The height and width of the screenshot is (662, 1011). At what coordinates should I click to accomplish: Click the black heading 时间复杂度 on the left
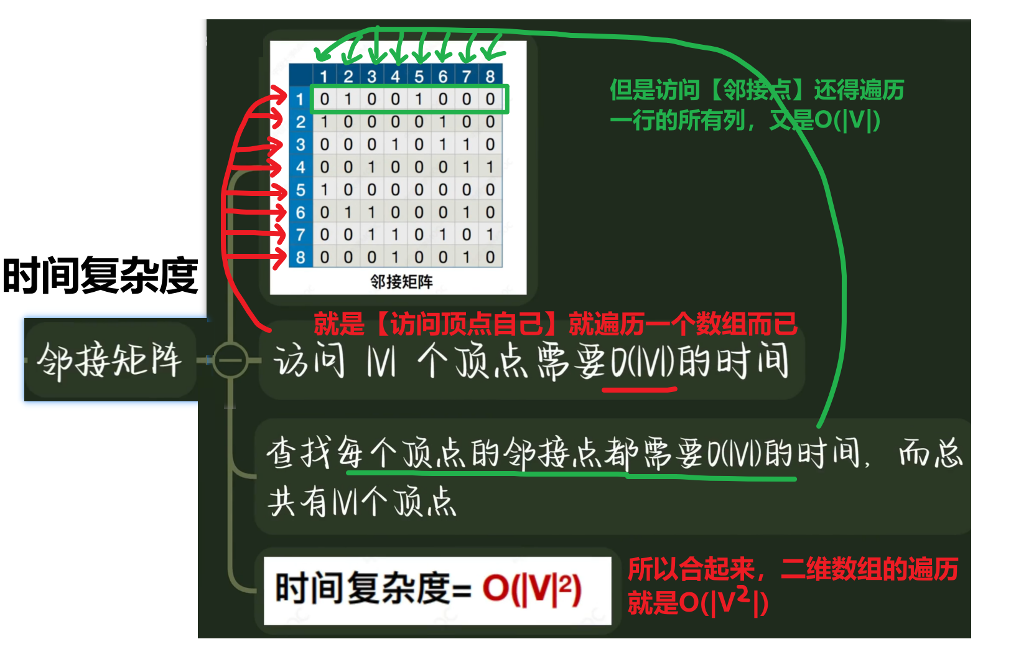tap(100, 276)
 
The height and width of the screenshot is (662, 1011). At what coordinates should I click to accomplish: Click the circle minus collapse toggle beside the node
tap(230, 360)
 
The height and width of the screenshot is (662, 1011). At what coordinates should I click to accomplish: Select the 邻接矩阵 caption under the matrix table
tap(401, 282)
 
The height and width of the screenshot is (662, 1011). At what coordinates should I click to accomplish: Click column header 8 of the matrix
tap(490, 77)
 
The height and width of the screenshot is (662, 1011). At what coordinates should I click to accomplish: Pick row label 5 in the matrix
tap(301, 190)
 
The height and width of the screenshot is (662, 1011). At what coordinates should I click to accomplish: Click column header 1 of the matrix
tap(324, 77)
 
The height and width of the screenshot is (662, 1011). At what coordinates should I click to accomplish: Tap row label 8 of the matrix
tap(301, 257)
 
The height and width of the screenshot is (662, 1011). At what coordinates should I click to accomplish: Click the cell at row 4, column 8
tap(490, 167)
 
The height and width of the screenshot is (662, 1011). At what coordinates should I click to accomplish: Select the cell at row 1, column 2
tap(348, 99)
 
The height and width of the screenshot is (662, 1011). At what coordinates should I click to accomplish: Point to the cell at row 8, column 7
tap(467, 257)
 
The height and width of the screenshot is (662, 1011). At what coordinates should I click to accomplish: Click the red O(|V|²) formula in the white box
tap(532, 589)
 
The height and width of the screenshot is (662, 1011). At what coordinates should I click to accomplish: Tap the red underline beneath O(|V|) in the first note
tap(640, 390)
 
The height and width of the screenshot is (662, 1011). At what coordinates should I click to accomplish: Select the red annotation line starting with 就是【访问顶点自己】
tap(555, 324)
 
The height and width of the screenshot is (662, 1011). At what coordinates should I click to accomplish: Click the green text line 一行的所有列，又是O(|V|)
tap(745, 120)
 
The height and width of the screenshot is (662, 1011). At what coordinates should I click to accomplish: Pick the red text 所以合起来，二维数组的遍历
tap(793, 569)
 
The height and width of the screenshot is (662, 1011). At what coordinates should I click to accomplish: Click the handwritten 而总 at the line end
tap(931, 452)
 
